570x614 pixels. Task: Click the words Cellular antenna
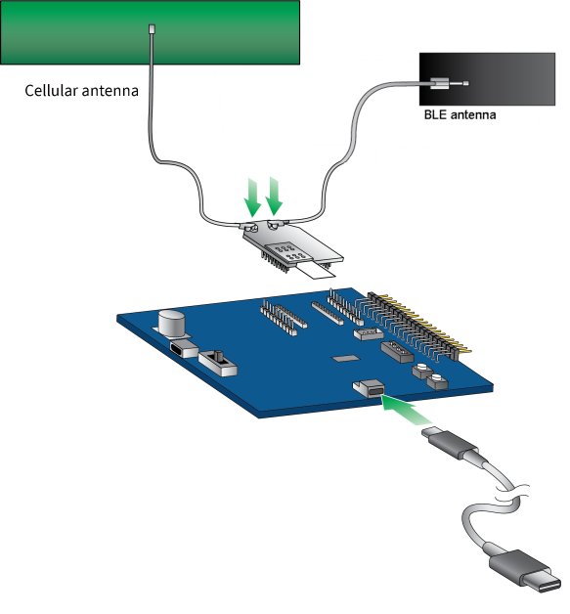tap(82, 92)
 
